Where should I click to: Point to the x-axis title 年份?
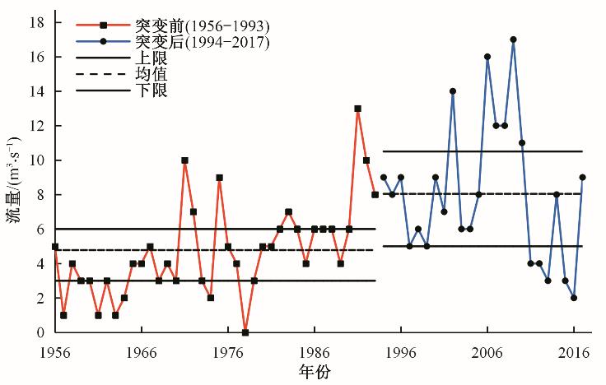click(315, 373)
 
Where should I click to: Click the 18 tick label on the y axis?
click(35, 23)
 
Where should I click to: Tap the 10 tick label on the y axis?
click(35, 160)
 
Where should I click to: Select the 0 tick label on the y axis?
click(40, 332)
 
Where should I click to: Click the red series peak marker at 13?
click(357, 109)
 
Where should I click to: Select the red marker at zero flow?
click(245, 332)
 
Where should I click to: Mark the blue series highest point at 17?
click(513, 39)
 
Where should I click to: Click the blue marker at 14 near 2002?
click(453, 91)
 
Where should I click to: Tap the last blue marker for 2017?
click(582, 178)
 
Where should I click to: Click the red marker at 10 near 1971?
click(184, 160)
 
